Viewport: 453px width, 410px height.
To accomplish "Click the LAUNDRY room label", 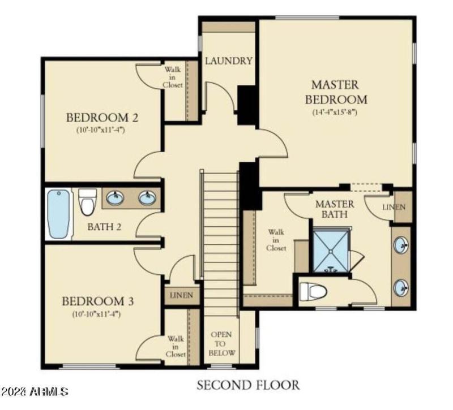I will tap(228, 61).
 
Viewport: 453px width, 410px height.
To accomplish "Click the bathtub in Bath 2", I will tap(59, 214).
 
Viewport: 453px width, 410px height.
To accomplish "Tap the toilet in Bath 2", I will tap(87, 202).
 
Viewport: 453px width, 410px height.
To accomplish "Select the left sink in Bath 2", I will tap(116, 198).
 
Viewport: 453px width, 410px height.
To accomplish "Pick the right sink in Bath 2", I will tap(147, 198).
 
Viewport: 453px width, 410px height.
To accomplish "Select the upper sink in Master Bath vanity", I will tap(401, 246).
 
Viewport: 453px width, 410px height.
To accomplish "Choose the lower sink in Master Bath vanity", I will tap(401, 287).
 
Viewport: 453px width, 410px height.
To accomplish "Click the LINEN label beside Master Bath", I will tap(394, 208).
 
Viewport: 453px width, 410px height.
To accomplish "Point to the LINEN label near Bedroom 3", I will tap(182, 295).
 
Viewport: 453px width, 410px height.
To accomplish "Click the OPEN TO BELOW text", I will tap(221, 343).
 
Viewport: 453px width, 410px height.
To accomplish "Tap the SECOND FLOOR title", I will tap(248, 386).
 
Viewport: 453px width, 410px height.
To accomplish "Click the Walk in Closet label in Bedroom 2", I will tap(173, 77).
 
